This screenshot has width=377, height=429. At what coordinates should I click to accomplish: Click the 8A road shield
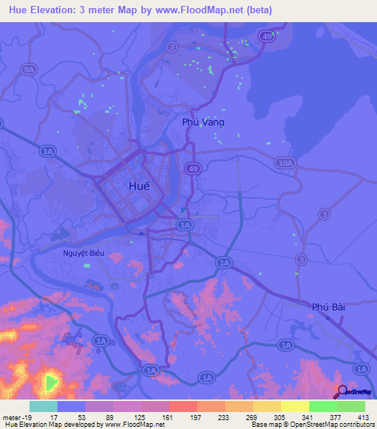click(x=29, y=69)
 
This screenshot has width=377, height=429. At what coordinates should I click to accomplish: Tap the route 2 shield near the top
click(x=172, y=48)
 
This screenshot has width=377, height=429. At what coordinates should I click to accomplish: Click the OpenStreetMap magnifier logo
click(x=342, y=392)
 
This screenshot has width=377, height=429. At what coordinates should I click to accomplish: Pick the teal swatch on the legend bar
click(x=43, y=406)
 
